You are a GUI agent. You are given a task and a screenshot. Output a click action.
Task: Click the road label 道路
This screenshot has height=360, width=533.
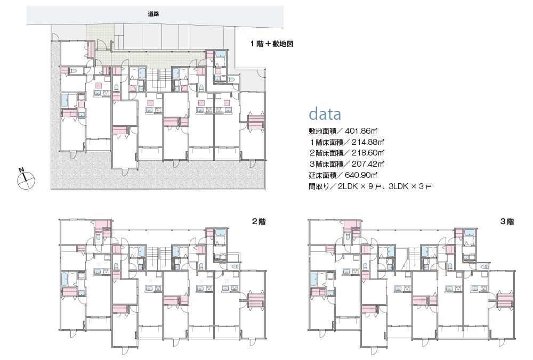pyautogui.click(x=154, y=14)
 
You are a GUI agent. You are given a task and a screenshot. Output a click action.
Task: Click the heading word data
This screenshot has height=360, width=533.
pyautogui.click(x=325, y=114)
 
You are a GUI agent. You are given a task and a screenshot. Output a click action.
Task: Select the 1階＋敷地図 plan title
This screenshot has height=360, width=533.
pyautogui.click(x=272, y=45)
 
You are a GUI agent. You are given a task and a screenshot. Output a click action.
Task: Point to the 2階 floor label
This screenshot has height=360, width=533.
pyautogui.click(x=259, y=222)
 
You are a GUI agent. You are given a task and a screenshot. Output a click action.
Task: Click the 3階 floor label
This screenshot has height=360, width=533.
pyautogui.click(x=507, y=222)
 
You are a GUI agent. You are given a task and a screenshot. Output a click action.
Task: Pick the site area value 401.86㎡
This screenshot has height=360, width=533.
pyautogui.click(x=362, y=130)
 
